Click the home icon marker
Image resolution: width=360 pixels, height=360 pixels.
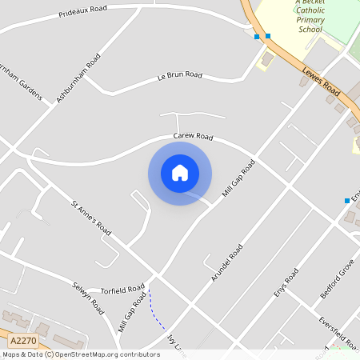(180, 173)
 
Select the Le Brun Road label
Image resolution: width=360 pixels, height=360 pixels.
(179, 74)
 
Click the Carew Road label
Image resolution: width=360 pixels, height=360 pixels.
(194, 137)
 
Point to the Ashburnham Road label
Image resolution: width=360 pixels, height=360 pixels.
(78, 78)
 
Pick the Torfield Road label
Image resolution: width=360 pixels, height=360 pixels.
(122, 289)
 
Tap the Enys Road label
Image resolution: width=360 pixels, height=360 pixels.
(286, 284)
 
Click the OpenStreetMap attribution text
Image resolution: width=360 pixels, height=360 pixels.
(81, 354)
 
